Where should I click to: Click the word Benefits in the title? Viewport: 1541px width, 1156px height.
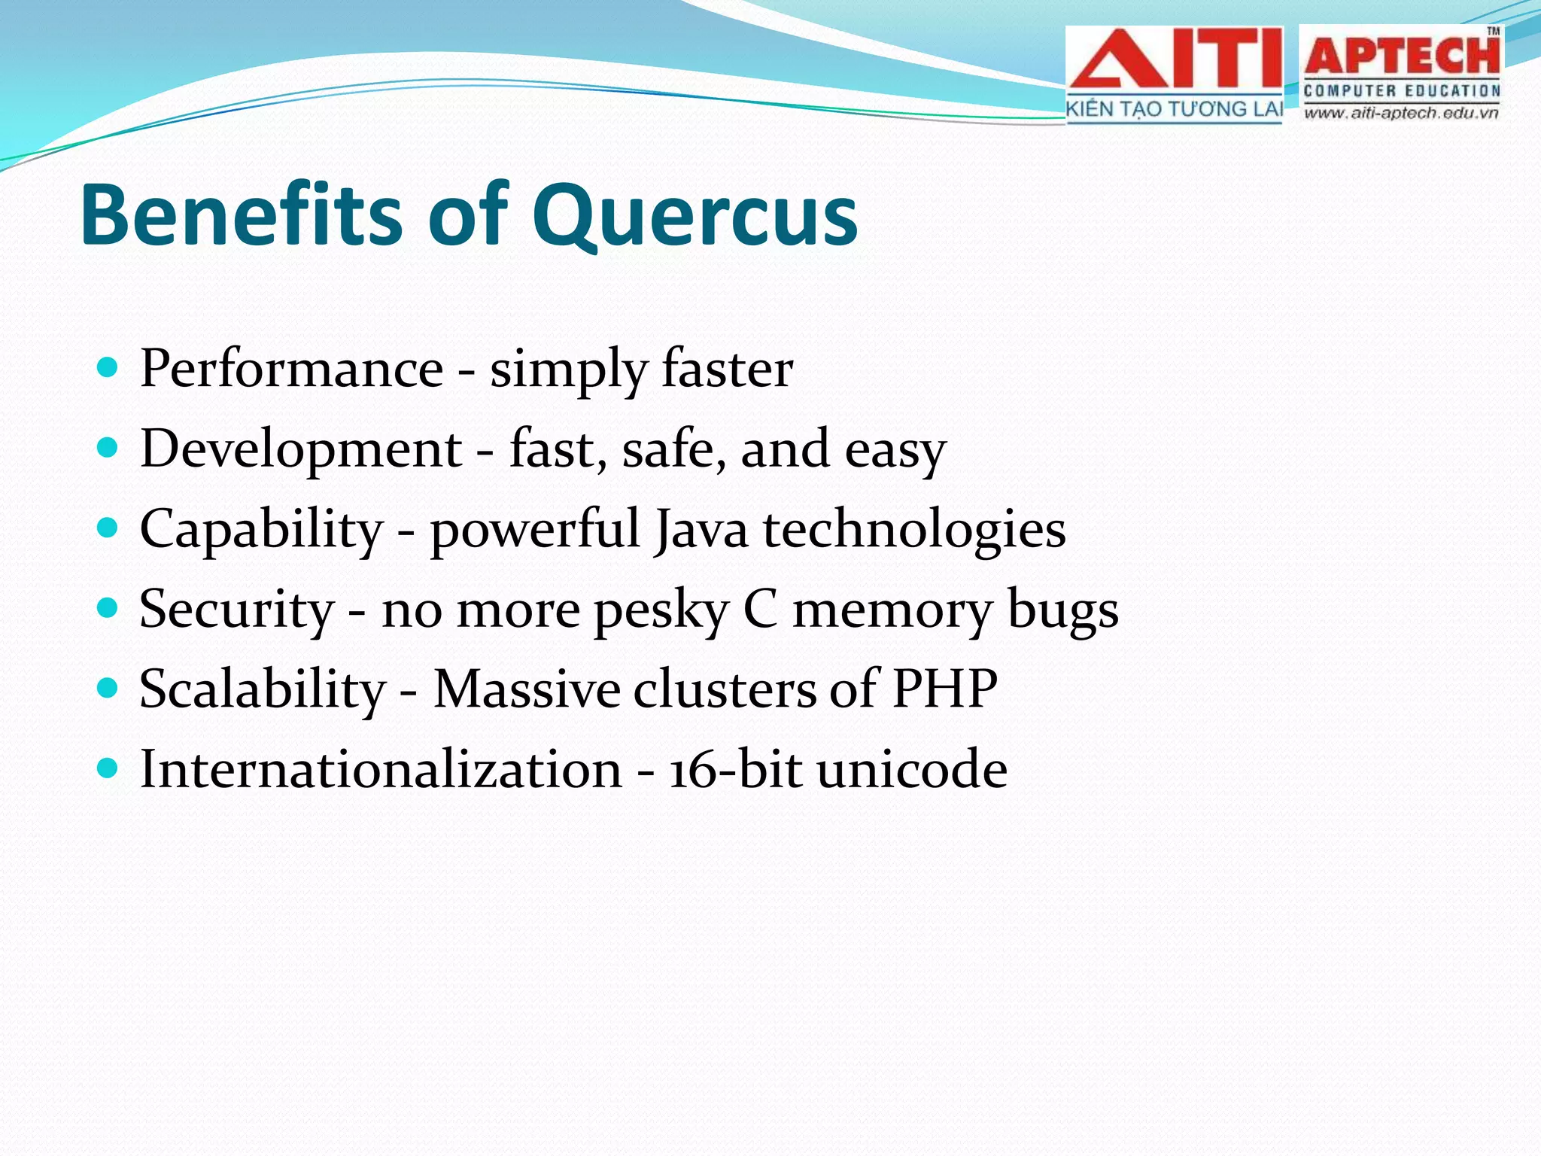pyautogui.click(x=241, y=215)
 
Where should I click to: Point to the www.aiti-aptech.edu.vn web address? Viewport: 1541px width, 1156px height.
pyautogui.click(x=1401, y=114)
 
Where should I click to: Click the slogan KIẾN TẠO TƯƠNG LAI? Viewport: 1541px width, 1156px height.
pyautogui.click(x=1174, y=110)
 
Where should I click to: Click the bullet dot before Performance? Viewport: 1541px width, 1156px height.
pyautogui.click(x=108, y=368)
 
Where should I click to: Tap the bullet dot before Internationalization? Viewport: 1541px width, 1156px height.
pyautogui.click(x=108, y=768)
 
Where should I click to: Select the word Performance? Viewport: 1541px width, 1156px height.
pyautogui.click(x=291, y=370)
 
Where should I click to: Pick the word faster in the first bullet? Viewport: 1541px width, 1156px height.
pyautogui.click(x=727, y=370)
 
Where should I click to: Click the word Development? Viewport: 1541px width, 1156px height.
pyautogui.click(x=301, y=449)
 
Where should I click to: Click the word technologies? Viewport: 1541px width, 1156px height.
pyautogui.click(x=914, y=530)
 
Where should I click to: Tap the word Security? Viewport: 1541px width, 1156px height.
pyautogui.click(x=236, y=610)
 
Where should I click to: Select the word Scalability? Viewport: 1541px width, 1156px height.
pyautogui.click(x=262, y=689)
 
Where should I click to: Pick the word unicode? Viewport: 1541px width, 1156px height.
pyautogui.click(x=912, y=769)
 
